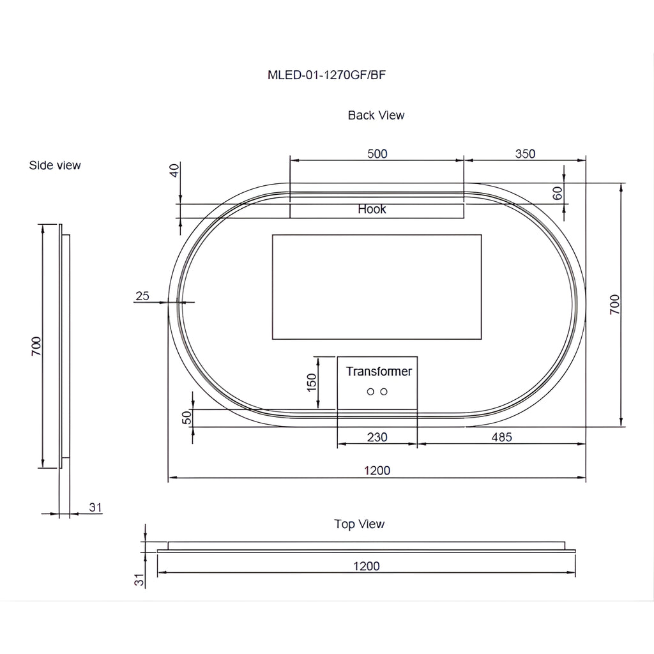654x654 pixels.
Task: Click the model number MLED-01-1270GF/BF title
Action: click(326, 75)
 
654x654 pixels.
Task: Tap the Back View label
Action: click(376, 115)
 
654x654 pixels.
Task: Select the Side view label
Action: click(55, 165)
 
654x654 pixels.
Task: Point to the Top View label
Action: click(359, 524)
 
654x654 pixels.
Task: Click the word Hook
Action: click(372, 209)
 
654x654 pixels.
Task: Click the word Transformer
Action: click(379, 371)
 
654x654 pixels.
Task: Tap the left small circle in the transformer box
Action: click(370, 392)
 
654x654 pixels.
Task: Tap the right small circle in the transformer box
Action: click(384, 392)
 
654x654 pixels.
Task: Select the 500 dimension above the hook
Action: click(377, 154)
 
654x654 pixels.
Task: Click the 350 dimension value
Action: click(525, 154)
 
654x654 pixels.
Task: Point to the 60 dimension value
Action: click(558, 193)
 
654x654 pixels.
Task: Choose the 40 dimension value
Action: click(174, 170)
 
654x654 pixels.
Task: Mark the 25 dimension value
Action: click(142, 296)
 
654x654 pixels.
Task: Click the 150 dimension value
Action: click(312, 383)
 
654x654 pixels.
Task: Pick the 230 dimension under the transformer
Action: click(377, 437)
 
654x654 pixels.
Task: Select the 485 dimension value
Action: click(501, 437)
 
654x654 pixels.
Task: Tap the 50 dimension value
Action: click(187, 417)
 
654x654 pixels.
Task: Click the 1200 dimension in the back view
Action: click(377, 471)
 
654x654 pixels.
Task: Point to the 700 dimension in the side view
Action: click(36, 346)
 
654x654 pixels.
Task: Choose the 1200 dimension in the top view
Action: click(366, 566)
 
